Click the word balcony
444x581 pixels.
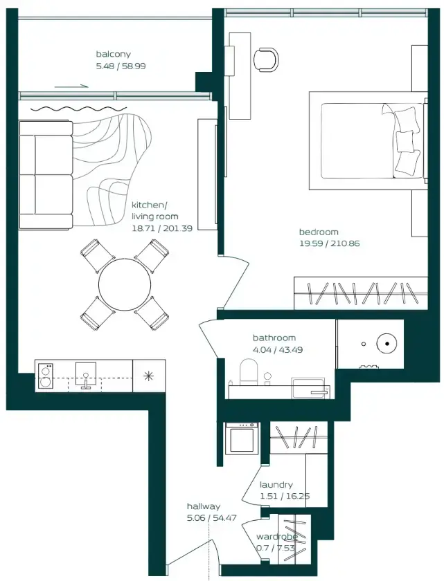point(113,54)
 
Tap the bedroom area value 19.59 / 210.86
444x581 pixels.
point(329,243)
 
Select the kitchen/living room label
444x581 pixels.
point(149,211)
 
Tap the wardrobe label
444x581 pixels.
point(276,537)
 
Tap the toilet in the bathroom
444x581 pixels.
point(247,374)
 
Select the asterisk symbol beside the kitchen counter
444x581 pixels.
point(148,376)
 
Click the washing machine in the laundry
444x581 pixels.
point(242,439)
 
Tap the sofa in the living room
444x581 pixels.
point(46,175)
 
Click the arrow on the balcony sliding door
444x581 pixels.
point(71,86)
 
